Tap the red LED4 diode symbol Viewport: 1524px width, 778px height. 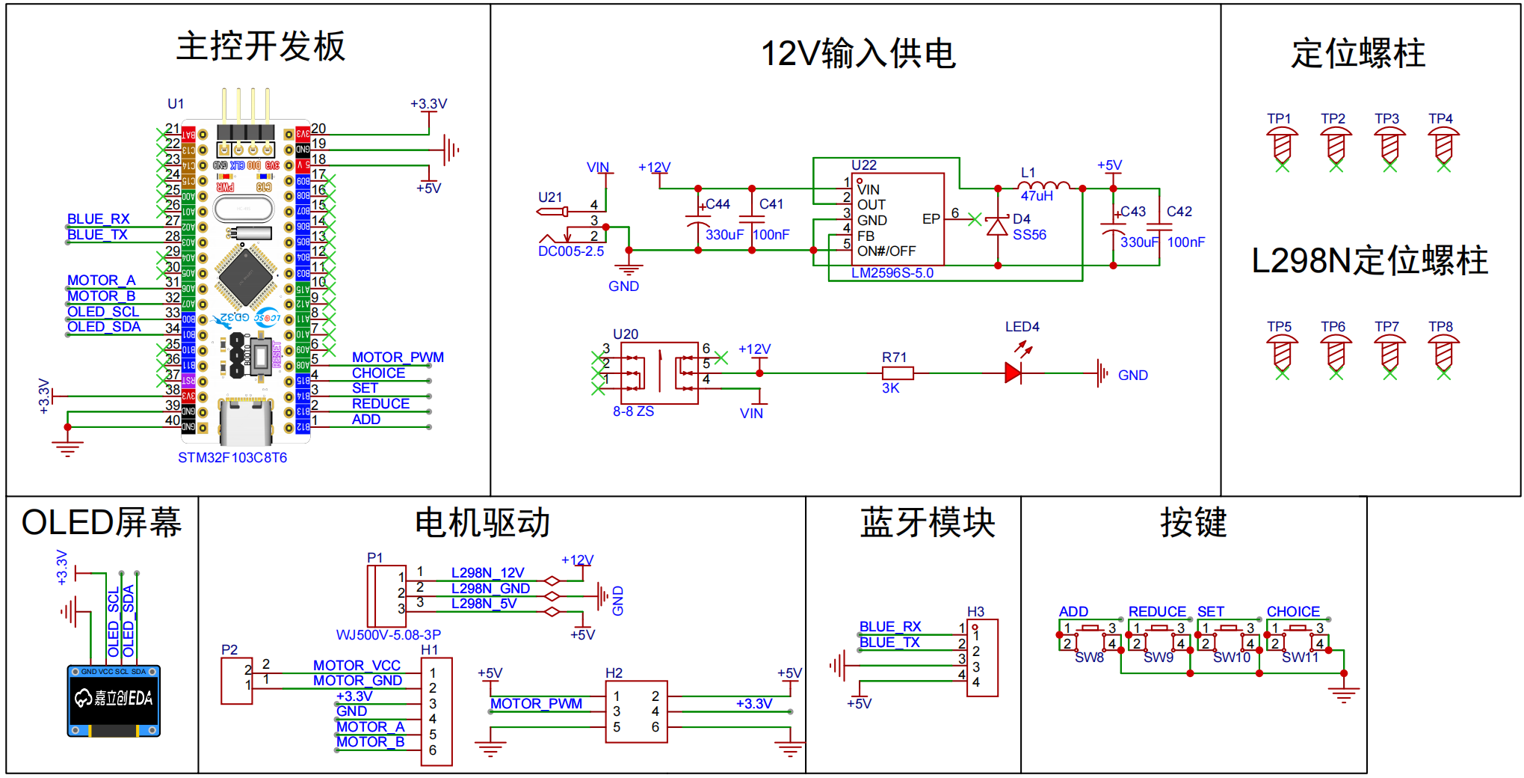click(x=1013, y=373)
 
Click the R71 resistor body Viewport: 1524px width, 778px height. click(x=898, y=373)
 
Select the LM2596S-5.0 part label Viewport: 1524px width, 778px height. click(x=892, y=273)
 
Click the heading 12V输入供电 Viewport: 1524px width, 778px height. click(x=858, y=54)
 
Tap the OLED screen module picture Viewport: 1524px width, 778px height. click(x=114, y=701)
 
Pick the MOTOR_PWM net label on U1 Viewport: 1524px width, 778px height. click(x=398, y=358)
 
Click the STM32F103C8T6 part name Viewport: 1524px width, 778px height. click(x=232, y=458)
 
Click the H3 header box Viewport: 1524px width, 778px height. click(x=982, y=658)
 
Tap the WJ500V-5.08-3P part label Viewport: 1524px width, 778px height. click(x=388, y=635)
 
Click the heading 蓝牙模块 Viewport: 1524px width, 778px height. click(x=927, y=523)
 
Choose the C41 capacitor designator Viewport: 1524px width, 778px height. click(x=771, y=204)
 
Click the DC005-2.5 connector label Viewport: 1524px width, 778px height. click(x=571, y=251)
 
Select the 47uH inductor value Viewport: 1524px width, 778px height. click(x=1037, y=196)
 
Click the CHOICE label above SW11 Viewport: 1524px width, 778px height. click(x=1293, y=611)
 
